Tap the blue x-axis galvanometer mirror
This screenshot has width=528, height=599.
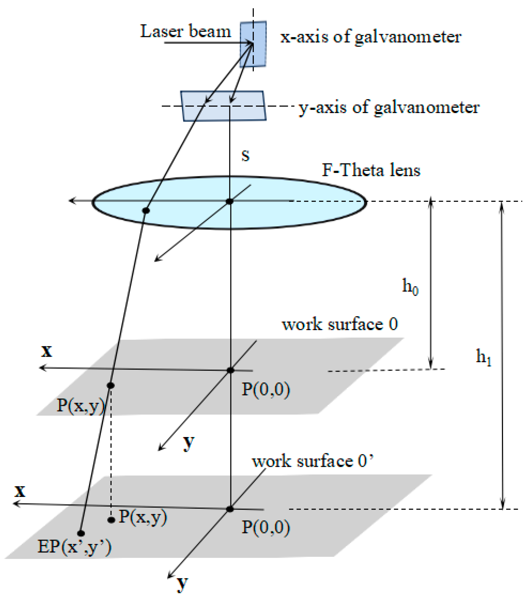(x=253, y=44)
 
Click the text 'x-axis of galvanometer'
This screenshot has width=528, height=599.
(x=370, y=38)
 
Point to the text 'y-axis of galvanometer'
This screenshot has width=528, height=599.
(x=389, y=108)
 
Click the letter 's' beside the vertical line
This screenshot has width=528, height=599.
(x=245, y=156)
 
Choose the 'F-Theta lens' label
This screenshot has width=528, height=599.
(x=371, y=170)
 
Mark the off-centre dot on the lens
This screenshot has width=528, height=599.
(x=146, y=210)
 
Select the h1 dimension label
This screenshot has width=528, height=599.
(x=483, y=357)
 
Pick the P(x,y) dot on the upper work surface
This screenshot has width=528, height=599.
(x=110, y=385)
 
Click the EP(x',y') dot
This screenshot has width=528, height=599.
(x=81, y=533)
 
